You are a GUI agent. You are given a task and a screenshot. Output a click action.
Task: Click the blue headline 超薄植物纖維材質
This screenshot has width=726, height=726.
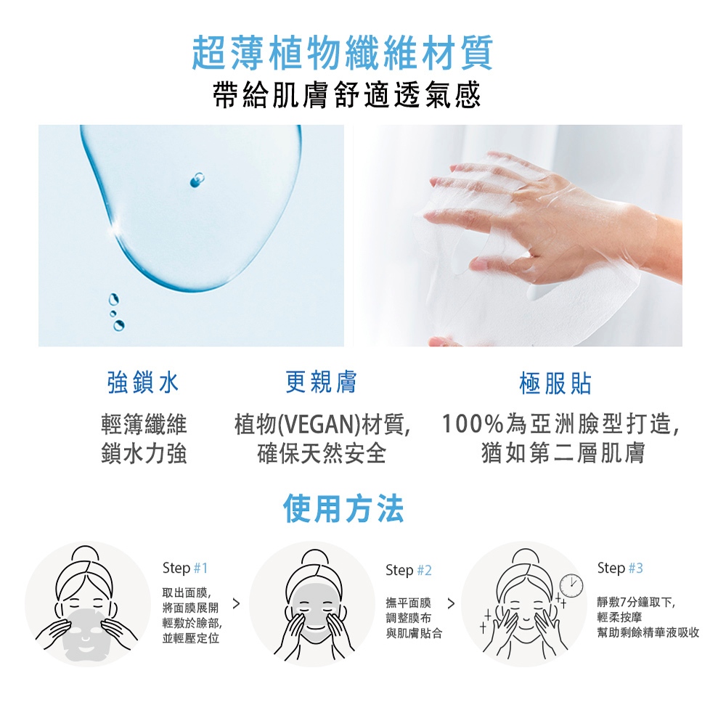click(343, 52)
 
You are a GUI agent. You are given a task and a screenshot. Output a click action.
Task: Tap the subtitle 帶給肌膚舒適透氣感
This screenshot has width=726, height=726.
click(347, 95)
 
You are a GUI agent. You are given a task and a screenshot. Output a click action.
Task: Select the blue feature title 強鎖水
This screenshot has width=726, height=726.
click(142, 383)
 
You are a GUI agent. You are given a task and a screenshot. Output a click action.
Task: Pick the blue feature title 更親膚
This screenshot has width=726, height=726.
click(321, 382)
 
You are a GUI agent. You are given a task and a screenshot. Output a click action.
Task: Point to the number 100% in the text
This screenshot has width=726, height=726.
click(473, 424)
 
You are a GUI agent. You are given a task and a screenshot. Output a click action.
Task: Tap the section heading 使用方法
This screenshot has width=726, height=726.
click(343, 508)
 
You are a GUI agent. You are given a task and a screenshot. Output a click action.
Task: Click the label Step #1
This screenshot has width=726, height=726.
click(184, 568)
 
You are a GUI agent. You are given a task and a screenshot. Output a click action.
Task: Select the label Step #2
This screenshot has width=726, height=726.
click(408, 571)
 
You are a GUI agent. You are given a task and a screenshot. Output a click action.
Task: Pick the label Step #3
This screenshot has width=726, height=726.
click(620, 568)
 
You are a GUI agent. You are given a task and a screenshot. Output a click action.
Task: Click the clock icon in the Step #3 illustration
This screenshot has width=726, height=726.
click(571, 585)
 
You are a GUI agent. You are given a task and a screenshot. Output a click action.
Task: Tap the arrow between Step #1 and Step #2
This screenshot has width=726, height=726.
click(236, 603)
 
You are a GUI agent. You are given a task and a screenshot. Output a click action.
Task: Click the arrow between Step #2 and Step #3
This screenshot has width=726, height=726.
click(451, 603)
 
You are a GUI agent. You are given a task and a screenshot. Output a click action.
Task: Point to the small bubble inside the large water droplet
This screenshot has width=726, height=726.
click(197, 180)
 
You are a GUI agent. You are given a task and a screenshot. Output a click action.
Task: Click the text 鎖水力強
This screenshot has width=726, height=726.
click(144, 453)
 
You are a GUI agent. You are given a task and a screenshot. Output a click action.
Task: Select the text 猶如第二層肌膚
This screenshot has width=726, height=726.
click(563, 453)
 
